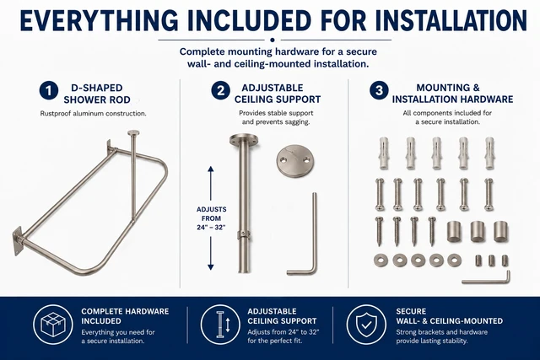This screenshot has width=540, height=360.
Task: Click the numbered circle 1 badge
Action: point(49,91)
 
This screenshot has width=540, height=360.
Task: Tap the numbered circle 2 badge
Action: point(220,91)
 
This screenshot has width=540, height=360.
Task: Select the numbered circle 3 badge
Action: point(379,91)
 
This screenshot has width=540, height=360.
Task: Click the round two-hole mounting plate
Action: point(295,161)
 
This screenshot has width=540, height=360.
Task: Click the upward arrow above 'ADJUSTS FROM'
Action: point(211,184)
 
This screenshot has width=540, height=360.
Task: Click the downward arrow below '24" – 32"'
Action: point(211,253)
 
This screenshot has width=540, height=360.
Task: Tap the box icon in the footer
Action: point(53,325)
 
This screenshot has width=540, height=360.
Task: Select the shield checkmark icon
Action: point(366,325)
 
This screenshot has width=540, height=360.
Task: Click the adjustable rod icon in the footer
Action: point(220,325)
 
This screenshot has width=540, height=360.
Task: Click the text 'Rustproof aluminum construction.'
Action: point(94,113)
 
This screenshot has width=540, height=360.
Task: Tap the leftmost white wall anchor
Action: point(384,153)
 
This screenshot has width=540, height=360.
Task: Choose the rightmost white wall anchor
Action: point(489,153)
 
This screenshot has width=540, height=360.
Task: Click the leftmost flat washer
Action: point(381,261)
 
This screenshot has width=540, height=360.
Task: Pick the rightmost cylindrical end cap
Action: point(500,231)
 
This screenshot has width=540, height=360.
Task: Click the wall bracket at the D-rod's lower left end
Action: point(18,240)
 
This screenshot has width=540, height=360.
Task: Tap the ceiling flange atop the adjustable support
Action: point(244,141)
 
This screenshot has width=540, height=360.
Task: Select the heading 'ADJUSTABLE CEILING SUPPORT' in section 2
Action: point(278,94)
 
